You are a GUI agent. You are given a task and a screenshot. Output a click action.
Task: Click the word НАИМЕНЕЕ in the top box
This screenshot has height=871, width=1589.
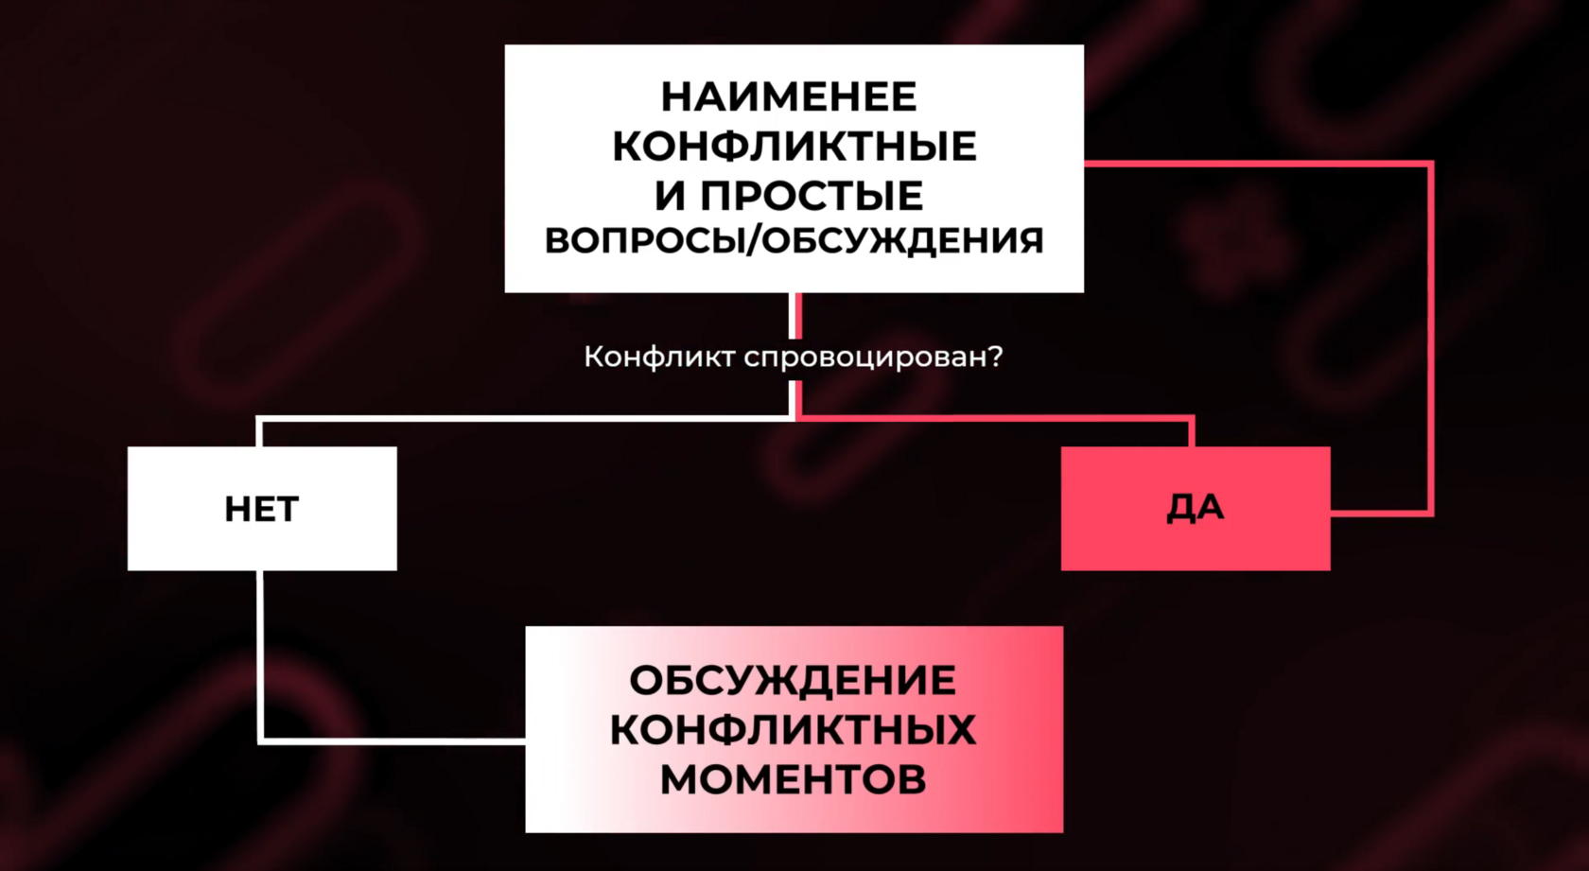789,96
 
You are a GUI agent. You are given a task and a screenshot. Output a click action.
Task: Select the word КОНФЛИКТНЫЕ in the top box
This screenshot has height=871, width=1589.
794,147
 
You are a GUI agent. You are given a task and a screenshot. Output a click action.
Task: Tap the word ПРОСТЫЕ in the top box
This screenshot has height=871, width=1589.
812,196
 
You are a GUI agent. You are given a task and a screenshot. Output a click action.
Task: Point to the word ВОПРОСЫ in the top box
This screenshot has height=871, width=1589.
643,241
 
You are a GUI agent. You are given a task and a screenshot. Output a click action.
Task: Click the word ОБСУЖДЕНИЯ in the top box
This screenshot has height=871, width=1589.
902,241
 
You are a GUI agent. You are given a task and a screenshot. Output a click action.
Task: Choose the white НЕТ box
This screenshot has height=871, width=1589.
262,509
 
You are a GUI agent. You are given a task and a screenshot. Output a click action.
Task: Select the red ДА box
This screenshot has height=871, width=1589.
1196,509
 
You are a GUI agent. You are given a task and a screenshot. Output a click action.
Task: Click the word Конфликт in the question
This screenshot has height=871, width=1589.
659,357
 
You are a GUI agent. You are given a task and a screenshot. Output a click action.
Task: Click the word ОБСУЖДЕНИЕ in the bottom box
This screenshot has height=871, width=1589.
793,681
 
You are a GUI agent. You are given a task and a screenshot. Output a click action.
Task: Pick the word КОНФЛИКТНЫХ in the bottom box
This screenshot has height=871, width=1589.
793,730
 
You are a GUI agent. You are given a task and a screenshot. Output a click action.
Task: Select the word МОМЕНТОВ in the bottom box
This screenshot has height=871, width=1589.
793,780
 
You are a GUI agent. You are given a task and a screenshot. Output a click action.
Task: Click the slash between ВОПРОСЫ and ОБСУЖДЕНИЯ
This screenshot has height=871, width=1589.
754,241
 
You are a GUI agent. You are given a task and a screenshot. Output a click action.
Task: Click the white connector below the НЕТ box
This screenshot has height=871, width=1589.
261,653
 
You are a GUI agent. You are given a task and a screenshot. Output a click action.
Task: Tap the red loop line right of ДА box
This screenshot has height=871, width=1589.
1429,340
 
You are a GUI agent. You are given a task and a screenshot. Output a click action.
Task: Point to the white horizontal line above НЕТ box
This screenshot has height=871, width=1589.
520,417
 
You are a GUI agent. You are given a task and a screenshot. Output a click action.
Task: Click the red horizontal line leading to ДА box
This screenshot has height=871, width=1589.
993,416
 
